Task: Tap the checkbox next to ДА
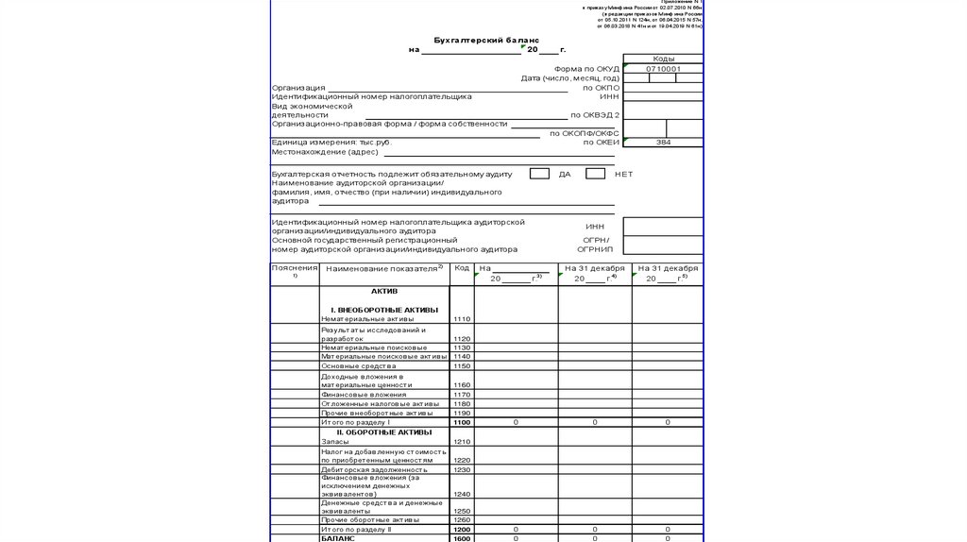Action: click(539, 174)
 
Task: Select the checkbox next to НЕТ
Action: click(595, 174)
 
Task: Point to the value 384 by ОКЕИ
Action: click(663, 142)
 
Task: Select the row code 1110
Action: click(462, 319)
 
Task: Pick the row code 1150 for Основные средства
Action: click(462, 365)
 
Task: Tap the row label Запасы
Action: click(335, 441)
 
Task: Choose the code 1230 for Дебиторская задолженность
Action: click(462, 469)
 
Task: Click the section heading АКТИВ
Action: click(384, 292)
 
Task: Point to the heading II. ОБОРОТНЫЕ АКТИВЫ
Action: click(384, 432)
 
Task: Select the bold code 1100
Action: click(462, 422)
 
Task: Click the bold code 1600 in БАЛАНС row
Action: click(462, 538)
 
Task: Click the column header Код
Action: click(462, 268)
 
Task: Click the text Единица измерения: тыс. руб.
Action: click(331, 142)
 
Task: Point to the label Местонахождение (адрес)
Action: click(325, 152)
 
